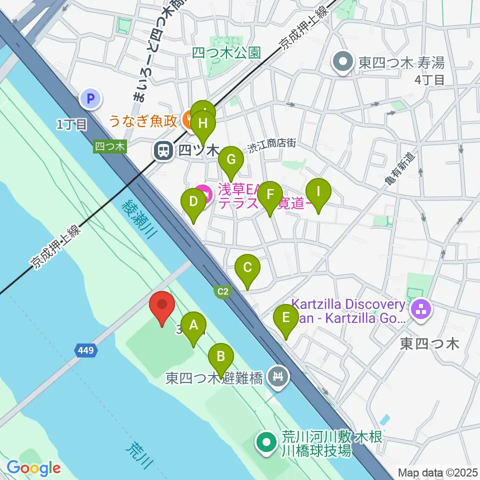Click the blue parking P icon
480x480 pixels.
[x=91, y=99]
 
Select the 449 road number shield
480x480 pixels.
[x=84, y=351]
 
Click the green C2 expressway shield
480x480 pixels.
[x=223, y=290]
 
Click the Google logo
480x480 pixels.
[x=33, y=467]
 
